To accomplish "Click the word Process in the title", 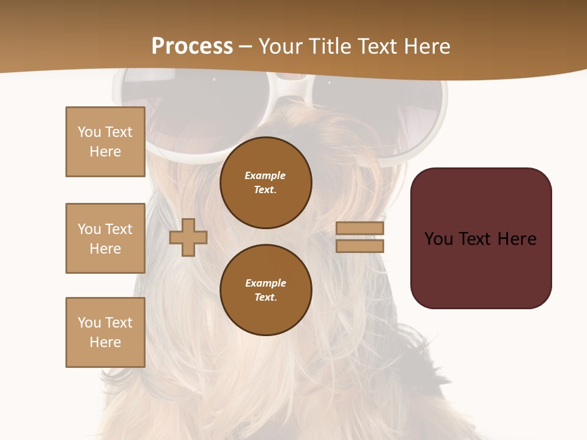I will (192, 46).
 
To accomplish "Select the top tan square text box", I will (105, 142).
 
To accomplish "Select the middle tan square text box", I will (105, 238).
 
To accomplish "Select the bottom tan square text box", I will (105, 332).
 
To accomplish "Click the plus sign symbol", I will (188, 237).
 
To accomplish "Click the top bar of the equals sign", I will (360, 228).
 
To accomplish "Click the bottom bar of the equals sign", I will (360, 246).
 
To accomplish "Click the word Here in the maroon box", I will (517, 239).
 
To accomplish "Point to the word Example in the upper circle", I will (265, 175).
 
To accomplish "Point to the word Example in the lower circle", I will (265, 283).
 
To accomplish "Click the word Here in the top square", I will (105, 152).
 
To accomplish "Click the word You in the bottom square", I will (89, 323).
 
